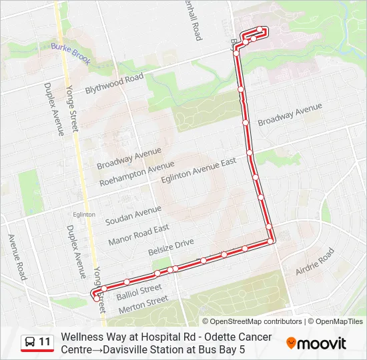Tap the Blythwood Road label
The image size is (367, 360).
point(114,85)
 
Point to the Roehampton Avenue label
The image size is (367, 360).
point(136,173)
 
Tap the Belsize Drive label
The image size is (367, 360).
point(171,248)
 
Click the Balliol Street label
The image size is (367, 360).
point(139,291)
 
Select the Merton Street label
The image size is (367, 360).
point(143,305)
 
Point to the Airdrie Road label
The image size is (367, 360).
point(314,261)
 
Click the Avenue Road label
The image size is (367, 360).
point(17,255)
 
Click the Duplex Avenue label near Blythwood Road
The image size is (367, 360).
point(53,109)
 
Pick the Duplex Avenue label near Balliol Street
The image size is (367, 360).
point(75,251)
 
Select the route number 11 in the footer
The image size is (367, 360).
point(45,343)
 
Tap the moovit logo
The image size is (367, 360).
point(316,343)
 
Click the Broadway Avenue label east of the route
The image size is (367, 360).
point(290,114)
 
